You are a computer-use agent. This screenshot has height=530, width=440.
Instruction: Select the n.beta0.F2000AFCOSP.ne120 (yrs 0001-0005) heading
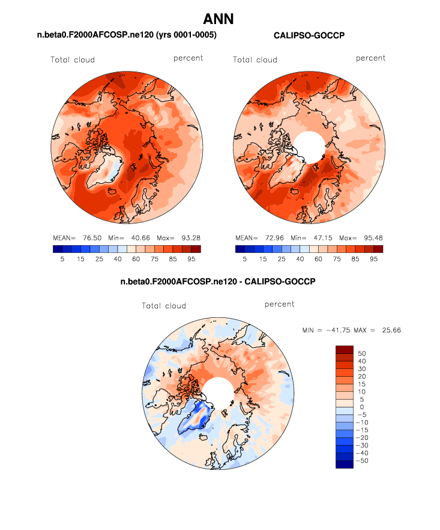(127, 36)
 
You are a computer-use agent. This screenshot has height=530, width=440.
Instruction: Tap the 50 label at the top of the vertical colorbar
(363, 353)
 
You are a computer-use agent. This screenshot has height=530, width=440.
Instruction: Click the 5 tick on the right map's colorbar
(244, 259)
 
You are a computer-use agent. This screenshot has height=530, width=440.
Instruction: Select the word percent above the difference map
(279, 305)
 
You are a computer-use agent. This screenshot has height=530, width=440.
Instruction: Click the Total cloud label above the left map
(73, 59)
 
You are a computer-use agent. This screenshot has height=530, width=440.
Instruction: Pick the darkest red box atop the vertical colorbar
(344, 350)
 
